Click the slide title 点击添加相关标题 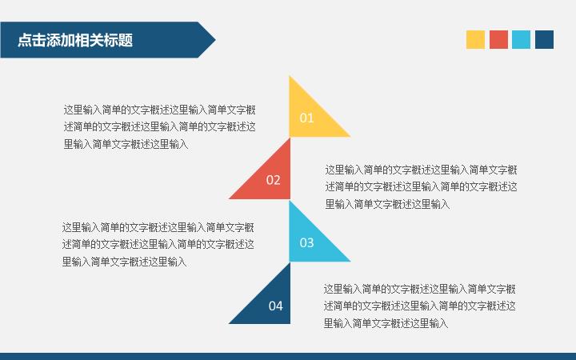tap(75, 40)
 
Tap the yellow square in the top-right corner tap(475, 40)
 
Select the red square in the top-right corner tap(498, 40)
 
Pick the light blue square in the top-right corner tap(522, 40)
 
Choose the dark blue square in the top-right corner tap(545, 40)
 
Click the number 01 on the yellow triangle tap(306, 118)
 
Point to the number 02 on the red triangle tap(273, 180)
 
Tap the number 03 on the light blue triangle tap(306, 242)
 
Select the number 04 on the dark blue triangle tap(275, 306)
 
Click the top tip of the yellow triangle tap(290, 76)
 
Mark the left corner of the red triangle tap(229, 198)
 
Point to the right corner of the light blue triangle tap(350, 261)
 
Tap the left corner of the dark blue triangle tap(229, 323)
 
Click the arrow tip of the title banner tap(215, 40)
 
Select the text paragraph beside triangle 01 tap(160, 126)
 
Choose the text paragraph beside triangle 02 tap(421, 186)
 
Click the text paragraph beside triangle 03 tap(158, 244)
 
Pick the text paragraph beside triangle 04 tap(419, 306)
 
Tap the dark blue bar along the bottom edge tap(288, 356)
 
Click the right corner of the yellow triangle tap(350, 137)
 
